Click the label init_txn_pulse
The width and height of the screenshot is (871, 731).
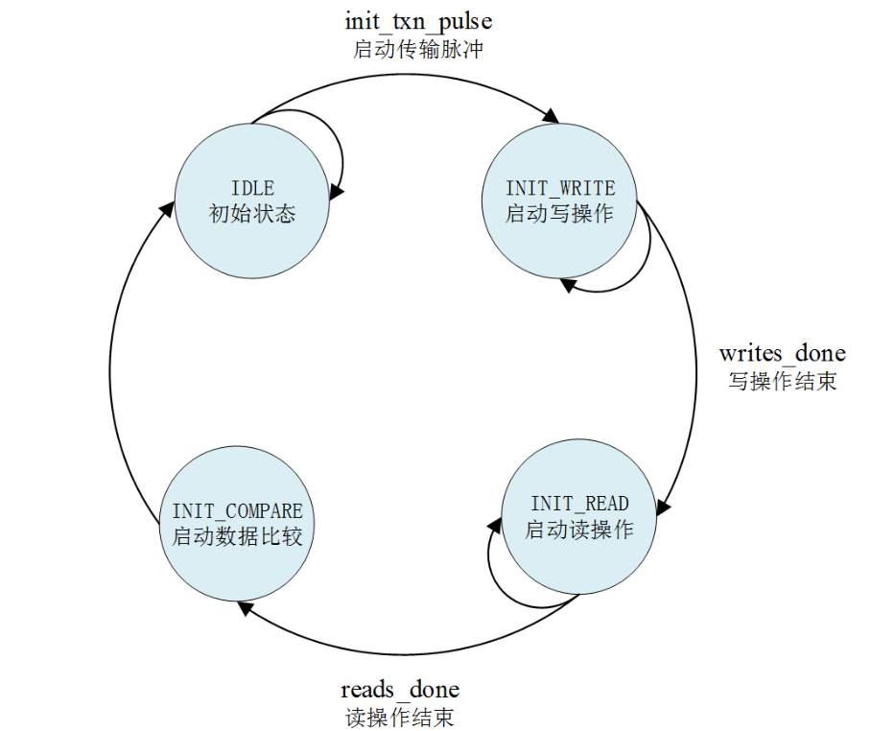coord(418,20)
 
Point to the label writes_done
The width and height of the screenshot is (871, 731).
coord(782,353)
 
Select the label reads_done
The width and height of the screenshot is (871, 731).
coord(400,690)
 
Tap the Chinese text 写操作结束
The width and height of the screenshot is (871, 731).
coord(782,381)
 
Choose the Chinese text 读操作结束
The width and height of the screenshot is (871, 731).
coord(400,718)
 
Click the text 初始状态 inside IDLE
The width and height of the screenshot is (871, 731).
coord(251,213)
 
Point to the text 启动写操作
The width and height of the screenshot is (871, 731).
coord(559,213)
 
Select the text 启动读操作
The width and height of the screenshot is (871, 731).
coord(579,529)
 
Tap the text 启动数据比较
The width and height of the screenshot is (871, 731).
coord(237,536)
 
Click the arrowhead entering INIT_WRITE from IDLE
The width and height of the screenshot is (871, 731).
coord(551,117)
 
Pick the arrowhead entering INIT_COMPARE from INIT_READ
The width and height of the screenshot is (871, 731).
coord(250,615)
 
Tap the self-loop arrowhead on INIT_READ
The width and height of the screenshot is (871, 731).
coord(495,524)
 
